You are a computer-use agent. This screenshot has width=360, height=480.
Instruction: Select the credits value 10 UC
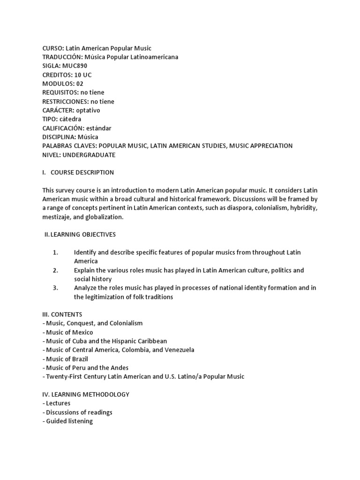[x=83, y=75]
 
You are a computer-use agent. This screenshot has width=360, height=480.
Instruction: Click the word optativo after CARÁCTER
[x=85, y=110]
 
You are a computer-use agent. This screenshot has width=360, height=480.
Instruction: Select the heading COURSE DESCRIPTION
[x=82, y=172]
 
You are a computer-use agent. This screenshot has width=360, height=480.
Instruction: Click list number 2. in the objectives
[x=55, y=270]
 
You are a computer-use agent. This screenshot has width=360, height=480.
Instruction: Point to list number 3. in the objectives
[x=55, y=288]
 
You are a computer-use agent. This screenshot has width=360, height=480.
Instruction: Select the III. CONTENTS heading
[x=62, y=315]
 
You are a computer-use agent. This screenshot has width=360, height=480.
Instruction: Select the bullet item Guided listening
[x=69, y=421]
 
